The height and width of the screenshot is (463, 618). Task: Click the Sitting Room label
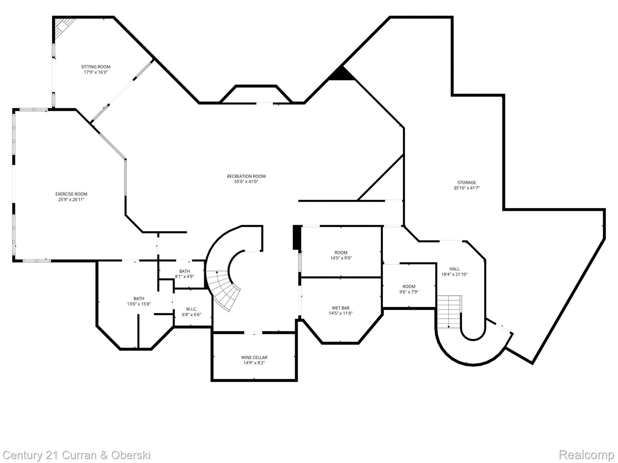pos(96,67)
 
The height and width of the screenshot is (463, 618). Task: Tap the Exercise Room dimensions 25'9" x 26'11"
pos(71,200)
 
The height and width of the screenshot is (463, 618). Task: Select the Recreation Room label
pos(246,176)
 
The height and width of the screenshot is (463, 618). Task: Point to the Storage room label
pos(467,182)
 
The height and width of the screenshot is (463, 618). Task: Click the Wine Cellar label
pos(254,357)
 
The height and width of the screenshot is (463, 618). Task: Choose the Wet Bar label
pos(341,308)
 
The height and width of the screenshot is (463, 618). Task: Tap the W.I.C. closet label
pos(192,309)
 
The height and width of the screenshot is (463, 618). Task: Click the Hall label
pos(454,269)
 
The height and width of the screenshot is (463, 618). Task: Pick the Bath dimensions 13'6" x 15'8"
pos(139,304)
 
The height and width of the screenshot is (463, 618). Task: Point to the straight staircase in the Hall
pos(449,312)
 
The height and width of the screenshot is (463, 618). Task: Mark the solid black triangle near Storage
pos(342,74)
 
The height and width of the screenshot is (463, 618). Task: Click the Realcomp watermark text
pos(586,455)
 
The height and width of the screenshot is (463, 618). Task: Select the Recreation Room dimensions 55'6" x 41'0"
pos(246,182)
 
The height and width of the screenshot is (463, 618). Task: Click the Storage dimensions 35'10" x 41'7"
pos(467,188)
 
